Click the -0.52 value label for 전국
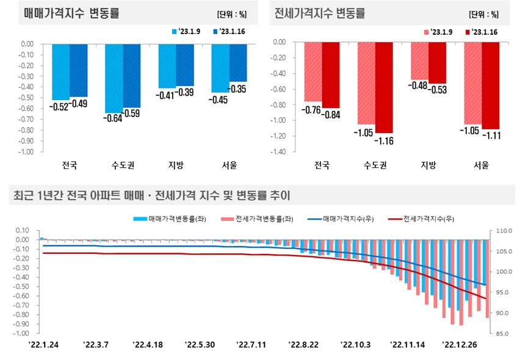pyautogui.click(x=60, y=105)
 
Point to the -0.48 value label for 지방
pyautogui.click(x=418, y=86)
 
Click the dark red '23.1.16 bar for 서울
pyautogui.click(x=491, y=85)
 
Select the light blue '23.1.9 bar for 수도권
pyautogui.click(x=114, y=78)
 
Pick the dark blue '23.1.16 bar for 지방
pyautogui.click(x=186, y=65)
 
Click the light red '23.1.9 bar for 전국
pyautogui.click(x=312, y=71)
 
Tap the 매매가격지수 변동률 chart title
pyautogui.click(x=68, y=13)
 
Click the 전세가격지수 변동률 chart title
pyautogui.click(x=320, y=13)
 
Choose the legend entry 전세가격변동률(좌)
pyautogui.click(x=259, y=218)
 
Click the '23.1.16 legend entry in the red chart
pyautogui.click(x=482, y=32)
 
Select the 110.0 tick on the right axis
pyautogui.click(x=505, y=231)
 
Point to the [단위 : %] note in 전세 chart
pyautogui.click(x=483, y=14)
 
